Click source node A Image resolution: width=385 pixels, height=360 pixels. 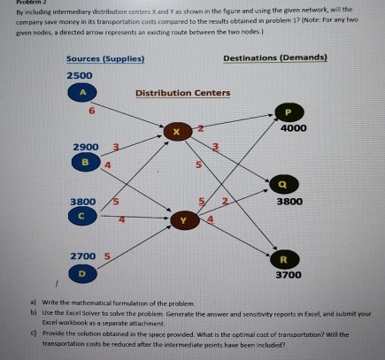point(82,93)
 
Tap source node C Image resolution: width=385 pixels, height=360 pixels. point(83,215)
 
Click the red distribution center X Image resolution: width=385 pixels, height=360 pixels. point(176,132)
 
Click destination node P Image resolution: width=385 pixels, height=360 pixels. point(286,111)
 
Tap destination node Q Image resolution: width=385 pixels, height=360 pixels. point(284,184)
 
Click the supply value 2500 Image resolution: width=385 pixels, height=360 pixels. point(81,76)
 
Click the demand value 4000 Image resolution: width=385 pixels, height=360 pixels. point(292,128)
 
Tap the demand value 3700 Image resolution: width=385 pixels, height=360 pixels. point(291,276)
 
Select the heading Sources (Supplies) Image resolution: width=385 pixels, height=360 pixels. point(106,58)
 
